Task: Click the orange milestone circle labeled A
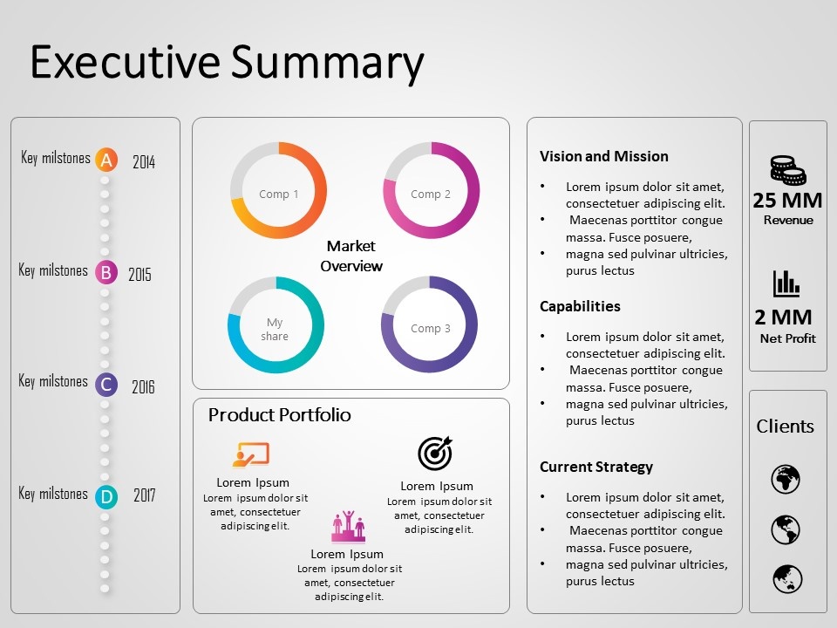[105, 160]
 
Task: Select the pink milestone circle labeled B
[105, 273]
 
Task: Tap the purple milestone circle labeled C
[105, 384]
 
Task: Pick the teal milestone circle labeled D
[105, 497]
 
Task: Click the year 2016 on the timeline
[143, 386]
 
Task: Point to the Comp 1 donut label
[278, 195]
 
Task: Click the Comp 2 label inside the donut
[431, 195]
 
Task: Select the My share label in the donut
[275, 329]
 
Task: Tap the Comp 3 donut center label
[431, 329]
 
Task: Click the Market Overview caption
[351, 256]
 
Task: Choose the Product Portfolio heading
[279, 415]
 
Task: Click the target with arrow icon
[435, 453]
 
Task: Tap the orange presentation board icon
[251, 454]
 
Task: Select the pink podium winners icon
[348, 526]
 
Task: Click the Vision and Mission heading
[603, 157]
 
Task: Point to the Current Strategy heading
[595, 467]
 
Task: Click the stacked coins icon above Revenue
[787, 170]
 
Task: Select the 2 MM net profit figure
[783, 317]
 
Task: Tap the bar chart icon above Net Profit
[786, 283]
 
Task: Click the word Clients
[785, 427]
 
